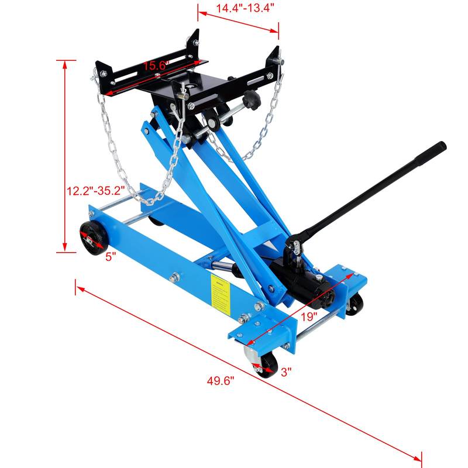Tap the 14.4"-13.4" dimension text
237,8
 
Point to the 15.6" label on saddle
155,66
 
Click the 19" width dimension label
308,315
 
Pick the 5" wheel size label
111,256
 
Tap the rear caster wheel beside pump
354,304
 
